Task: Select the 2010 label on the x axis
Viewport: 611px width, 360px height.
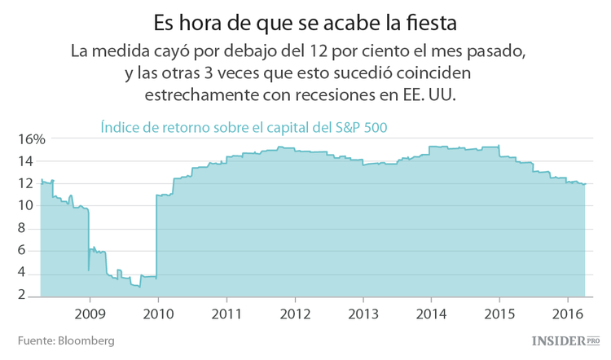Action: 158,313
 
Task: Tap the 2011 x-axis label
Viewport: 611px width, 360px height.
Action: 226,313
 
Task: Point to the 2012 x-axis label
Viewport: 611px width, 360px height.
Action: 295,313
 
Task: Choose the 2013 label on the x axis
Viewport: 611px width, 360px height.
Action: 363,313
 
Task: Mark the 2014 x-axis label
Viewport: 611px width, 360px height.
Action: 432,313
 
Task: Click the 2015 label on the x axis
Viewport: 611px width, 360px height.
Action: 500,313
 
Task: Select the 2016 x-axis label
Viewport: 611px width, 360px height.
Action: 569,313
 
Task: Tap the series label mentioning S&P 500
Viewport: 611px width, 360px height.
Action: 244,127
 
